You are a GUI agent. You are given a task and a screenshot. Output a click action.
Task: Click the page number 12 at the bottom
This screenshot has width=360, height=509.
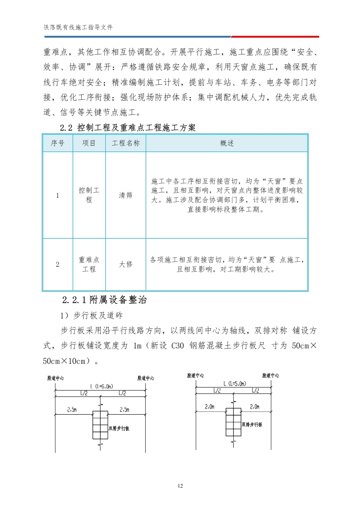pos(180,486)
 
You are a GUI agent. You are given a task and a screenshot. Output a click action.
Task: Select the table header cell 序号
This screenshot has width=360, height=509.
pos(57,143)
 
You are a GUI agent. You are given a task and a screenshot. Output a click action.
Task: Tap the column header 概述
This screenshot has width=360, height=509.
pos(227,143)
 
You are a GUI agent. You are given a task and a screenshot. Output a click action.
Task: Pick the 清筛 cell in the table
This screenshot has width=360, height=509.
pos(126,196)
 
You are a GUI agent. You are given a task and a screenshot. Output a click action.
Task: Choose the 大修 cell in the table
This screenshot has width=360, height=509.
pos(126,264)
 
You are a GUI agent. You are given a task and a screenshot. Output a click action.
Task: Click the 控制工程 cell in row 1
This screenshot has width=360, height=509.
pos(89,195)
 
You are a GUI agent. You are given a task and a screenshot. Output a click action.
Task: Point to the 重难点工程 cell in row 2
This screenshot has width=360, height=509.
pos(89,264)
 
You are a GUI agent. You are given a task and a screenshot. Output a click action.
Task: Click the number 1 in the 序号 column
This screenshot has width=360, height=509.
pos(57,196)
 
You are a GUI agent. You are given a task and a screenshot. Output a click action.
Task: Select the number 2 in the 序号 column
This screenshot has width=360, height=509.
pos(57,264)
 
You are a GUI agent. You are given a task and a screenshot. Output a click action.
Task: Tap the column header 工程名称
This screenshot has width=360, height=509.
pos(126,143)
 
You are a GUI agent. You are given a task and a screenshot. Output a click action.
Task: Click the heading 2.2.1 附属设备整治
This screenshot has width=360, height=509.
pos(104,300)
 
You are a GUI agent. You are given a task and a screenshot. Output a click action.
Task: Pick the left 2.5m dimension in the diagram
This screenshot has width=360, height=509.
pos(72,410)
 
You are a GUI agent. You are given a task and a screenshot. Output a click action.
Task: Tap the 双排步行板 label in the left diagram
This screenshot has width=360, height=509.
pos(119,428)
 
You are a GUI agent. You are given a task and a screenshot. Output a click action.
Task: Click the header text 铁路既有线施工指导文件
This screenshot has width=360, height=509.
pos(78,27)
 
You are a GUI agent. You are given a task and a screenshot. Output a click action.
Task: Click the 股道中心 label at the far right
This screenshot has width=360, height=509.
pos(270,375)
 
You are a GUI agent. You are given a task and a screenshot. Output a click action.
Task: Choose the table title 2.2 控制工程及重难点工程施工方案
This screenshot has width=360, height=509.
pos(128,128)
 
